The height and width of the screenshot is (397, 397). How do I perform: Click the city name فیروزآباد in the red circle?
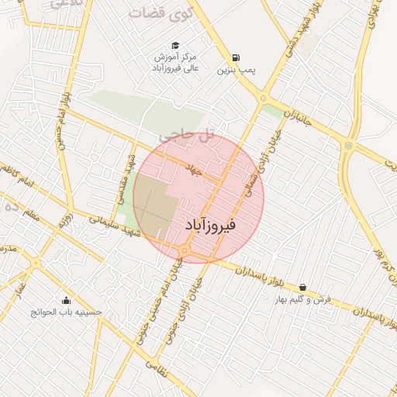coord(211,224)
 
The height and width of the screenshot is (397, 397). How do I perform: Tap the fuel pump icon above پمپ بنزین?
coord(235,57)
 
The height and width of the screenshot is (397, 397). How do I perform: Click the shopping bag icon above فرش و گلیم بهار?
coord(302,287)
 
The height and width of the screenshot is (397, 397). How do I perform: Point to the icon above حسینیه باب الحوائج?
coord(66,301)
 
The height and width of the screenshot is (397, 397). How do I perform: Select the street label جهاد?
coord(193,168)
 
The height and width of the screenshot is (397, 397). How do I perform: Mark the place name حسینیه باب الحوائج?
coord(67,312)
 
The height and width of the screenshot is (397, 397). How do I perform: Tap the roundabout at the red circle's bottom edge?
coord(185,250)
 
